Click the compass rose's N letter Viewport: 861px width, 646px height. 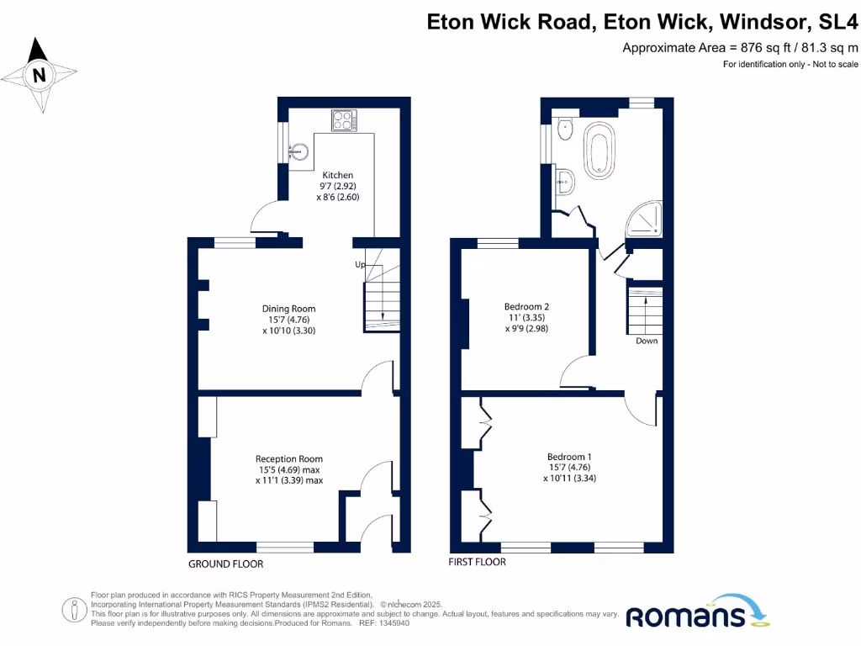click(x=39, y=75)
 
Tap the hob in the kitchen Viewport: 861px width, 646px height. click(x=342, y=121)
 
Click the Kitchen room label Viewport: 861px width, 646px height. click(x=332, y=175)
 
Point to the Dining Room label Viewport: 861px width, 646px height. click(x=288, y=308)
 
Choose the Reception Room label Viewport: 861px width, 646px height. click(x=288, y=458)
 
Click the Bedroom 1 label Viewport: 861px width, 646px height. click(x=569, y=457)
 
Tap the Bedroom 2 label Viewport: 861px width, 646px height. click(x=526, y=306)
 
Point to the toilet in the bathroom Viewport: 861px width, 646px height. click(x=563, y=131)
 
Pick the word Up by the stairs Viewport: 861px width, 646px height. click(x=360, y=264)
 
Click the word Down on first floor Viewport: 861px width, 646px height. click(x=647, y=341)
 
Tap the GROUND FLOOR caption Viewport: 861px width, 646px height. click(x=225, y=564)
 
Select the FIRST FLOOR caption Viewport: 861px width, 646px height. click(x=478, y=562)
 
